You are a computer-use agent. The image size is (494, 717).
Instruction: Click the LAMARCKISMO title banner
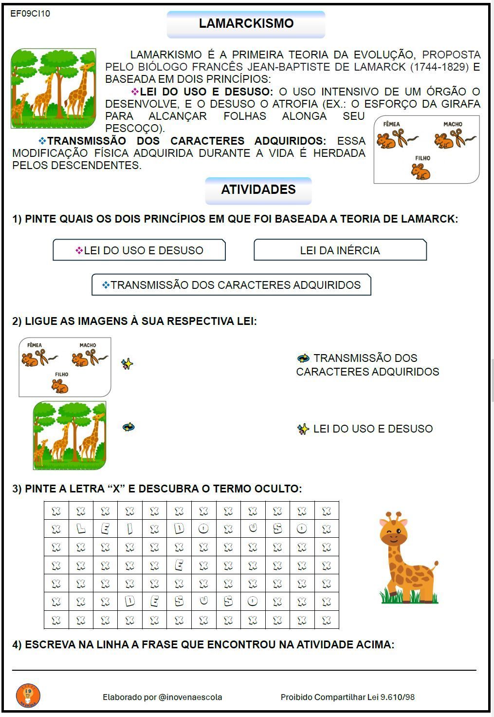pos(246,24)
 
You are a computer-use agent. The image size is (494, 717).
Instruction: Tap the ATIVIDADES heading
pos(258,190)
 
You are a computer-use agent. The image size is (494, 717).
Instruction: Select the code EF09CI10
pos(30,14)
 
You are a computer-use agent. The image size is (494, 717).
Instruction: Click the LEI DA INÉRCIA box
pos(340,250)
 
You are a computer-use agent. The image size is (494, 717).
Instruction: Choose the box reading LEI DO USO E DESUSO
pos(139,250)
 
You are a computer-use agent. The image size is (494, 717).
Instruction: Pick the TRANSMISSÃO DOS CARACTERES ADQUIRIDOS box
pos(231,285)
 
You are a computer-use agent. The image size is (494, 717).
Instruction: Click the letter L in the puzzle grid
pos(81,528)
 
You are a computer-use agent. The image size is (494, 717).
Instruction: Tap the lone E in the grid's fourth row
pos(179,565)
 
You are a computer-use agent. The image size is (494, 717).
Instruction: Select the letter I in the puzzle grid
pos(130,528)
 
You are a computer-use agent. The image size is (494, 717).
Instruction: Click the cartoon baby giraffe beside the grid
pos(407,558)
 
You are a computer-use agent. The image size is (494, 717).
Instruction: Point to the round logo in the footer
pos(28,696)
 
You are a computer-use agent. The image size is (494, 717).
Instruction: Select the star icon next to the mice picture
pos(127,364)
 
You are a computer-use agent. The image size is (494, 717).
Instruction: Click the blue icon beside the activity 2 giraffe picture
pos(128,427)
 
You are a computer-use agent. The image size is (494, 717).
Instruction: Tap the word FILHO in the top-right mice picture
pos(422,158)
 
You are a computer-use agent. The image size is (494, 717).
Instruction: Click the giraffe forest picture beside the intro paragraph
pos(54,88)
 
